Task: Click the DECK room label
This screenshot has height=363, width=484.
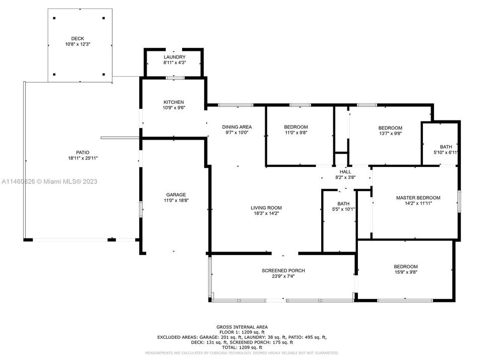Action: click(77, 38)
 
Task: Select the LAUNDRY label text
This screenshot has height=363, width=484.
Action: click(174, 57)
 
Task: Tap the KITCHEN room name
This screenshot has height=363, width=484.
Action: click(173, 102)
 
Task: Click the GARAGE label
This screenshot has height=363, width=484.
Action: click(176, 195)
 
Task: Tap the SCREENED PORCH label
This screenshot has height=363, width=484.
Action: click(283, 271)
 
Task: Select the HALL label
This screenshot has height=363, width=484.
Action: click(345, 171)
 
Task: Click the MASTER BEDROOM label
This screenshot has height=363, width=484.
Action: click(418, 198)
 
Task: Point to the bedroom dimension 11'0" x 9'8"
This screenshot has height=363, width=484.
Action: click(295, 133)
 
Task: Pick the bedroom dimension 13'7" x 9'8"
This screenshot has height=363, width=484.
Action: click(390, 134)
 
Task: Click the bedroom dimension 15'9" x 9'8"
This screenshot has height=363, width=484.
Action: click(405, 272)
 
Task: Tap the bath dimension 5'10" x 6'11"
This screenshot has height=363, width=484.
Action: click(446, 152)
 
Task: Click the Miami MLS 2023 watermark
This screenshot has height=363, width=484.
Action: click(49, 181)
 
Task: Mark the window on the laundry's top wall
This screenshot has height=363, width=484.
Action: click(174, 50)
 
